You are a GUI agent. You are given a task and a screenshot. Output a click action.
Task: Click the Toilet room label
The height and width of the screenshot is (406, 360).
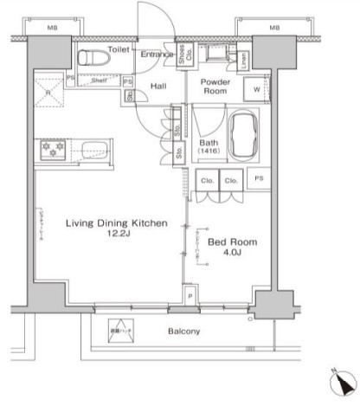tap(119, 50)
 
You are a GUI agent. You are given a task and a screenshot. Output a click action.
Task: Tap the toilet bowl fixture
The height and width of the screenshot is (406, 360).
tap(91, 59)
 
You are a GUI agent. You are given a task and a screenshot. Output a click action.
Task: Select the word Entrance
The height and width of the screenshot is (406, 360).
tap(156, 55)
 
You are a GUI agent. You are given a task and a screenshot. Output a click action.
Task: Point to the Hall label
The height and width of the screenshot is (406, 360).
tap(158, 87)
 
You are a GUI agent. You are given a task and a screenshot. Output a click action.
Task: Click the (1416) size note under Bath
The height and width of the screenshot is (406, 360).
tap(209, 151)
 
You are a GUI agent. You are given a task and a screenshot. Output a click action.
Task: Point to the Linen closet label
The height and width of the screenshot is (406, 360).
tap(245, 60)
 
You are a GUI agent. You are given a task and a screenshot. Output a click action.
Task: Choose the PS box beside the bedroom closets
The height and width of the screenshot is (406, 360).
tap(258, 179)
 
